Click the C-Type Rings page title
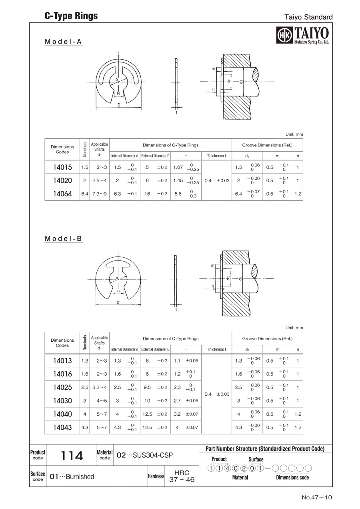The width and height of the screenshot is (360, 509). tap(71, 16)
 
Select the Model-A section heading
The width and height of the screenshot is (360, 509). tap(64, 42)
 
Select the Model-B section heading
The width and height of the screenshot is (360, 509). tap(64, 238)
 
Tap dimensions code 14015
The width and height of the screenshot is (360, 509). tap(62, 167)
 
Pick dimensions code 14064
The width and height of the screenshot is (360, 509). tap(62, 194)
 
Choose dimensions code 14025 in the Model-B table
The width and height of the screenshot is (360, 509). tap(62, 387)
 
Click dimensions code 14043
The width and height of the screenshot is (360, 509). tap(62, 427)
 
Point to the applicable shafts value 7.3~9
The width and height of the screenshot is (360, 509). tap(100, 194)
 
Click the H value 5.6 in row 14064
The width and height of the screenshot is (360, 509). tap(178, 194)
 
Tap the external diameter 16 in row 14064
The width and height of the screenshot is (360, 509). tap(147, 194)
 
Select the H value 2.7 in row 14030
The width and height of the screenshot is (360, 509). tap(177, 401)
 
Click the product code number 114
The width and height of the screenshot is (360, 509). tap(72, 455)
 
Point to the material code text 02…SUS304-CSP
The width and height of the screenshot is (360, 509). tap(144, 455)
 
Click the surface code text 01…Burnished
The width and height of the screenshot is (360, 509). tap(72, 477)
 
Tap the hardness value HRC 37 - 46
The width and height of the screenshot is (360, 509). tap(182, 476)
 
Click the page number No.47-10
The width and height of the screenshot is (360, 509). tap(317, 497)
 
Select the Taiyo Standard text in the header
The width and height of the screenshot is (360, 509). tap(308, 17)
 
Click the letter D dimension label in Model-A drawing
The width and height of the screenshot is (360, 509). tap(119, 105)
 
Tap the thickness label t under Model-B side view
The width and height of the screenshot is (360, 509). tap(176, 309)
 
